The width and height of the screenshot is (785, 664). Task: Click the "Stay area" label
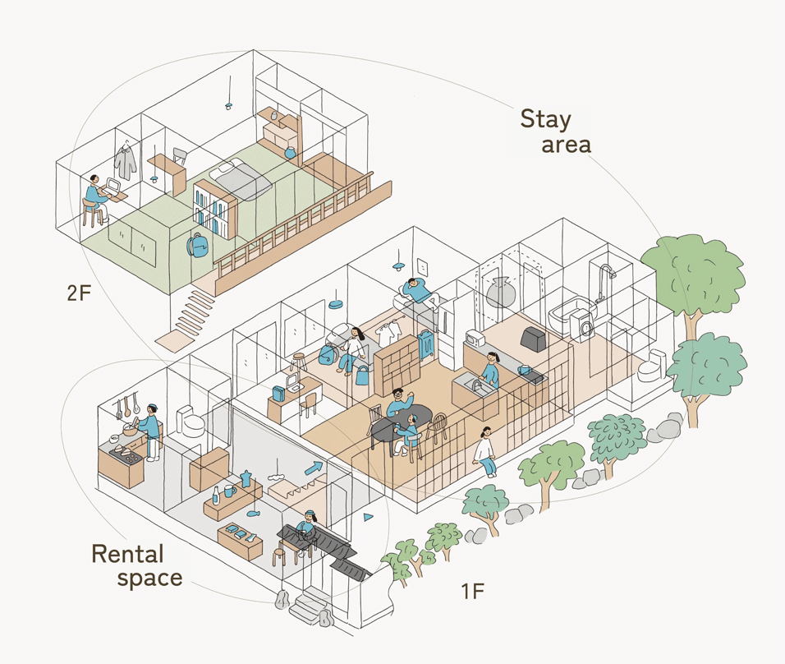(x=555, y=131)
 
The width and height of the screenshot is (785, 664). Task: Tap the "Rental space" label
(x=136, y=565)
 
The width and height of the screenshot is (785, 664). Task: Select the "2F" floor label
(x=79, y=293)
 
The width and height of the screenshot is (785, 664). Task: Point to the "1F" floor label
(x=473, y=592)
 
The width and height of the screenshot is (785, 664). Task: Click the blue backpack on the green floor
(x=198, y=246)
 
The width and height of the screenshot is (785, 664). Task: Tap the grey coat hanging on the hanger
(x=125, y=160)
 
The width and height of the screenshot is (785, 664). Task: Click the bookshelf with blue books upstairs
(x=215, y=209)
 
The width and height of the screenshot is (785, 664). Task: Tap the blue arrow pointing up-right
(x=314, y=468)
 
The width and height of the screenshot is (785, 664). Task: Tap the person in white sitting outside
(x=485, y=451)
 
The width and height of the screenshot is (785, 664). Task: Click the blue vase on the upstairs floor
(x=290, y=152)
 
